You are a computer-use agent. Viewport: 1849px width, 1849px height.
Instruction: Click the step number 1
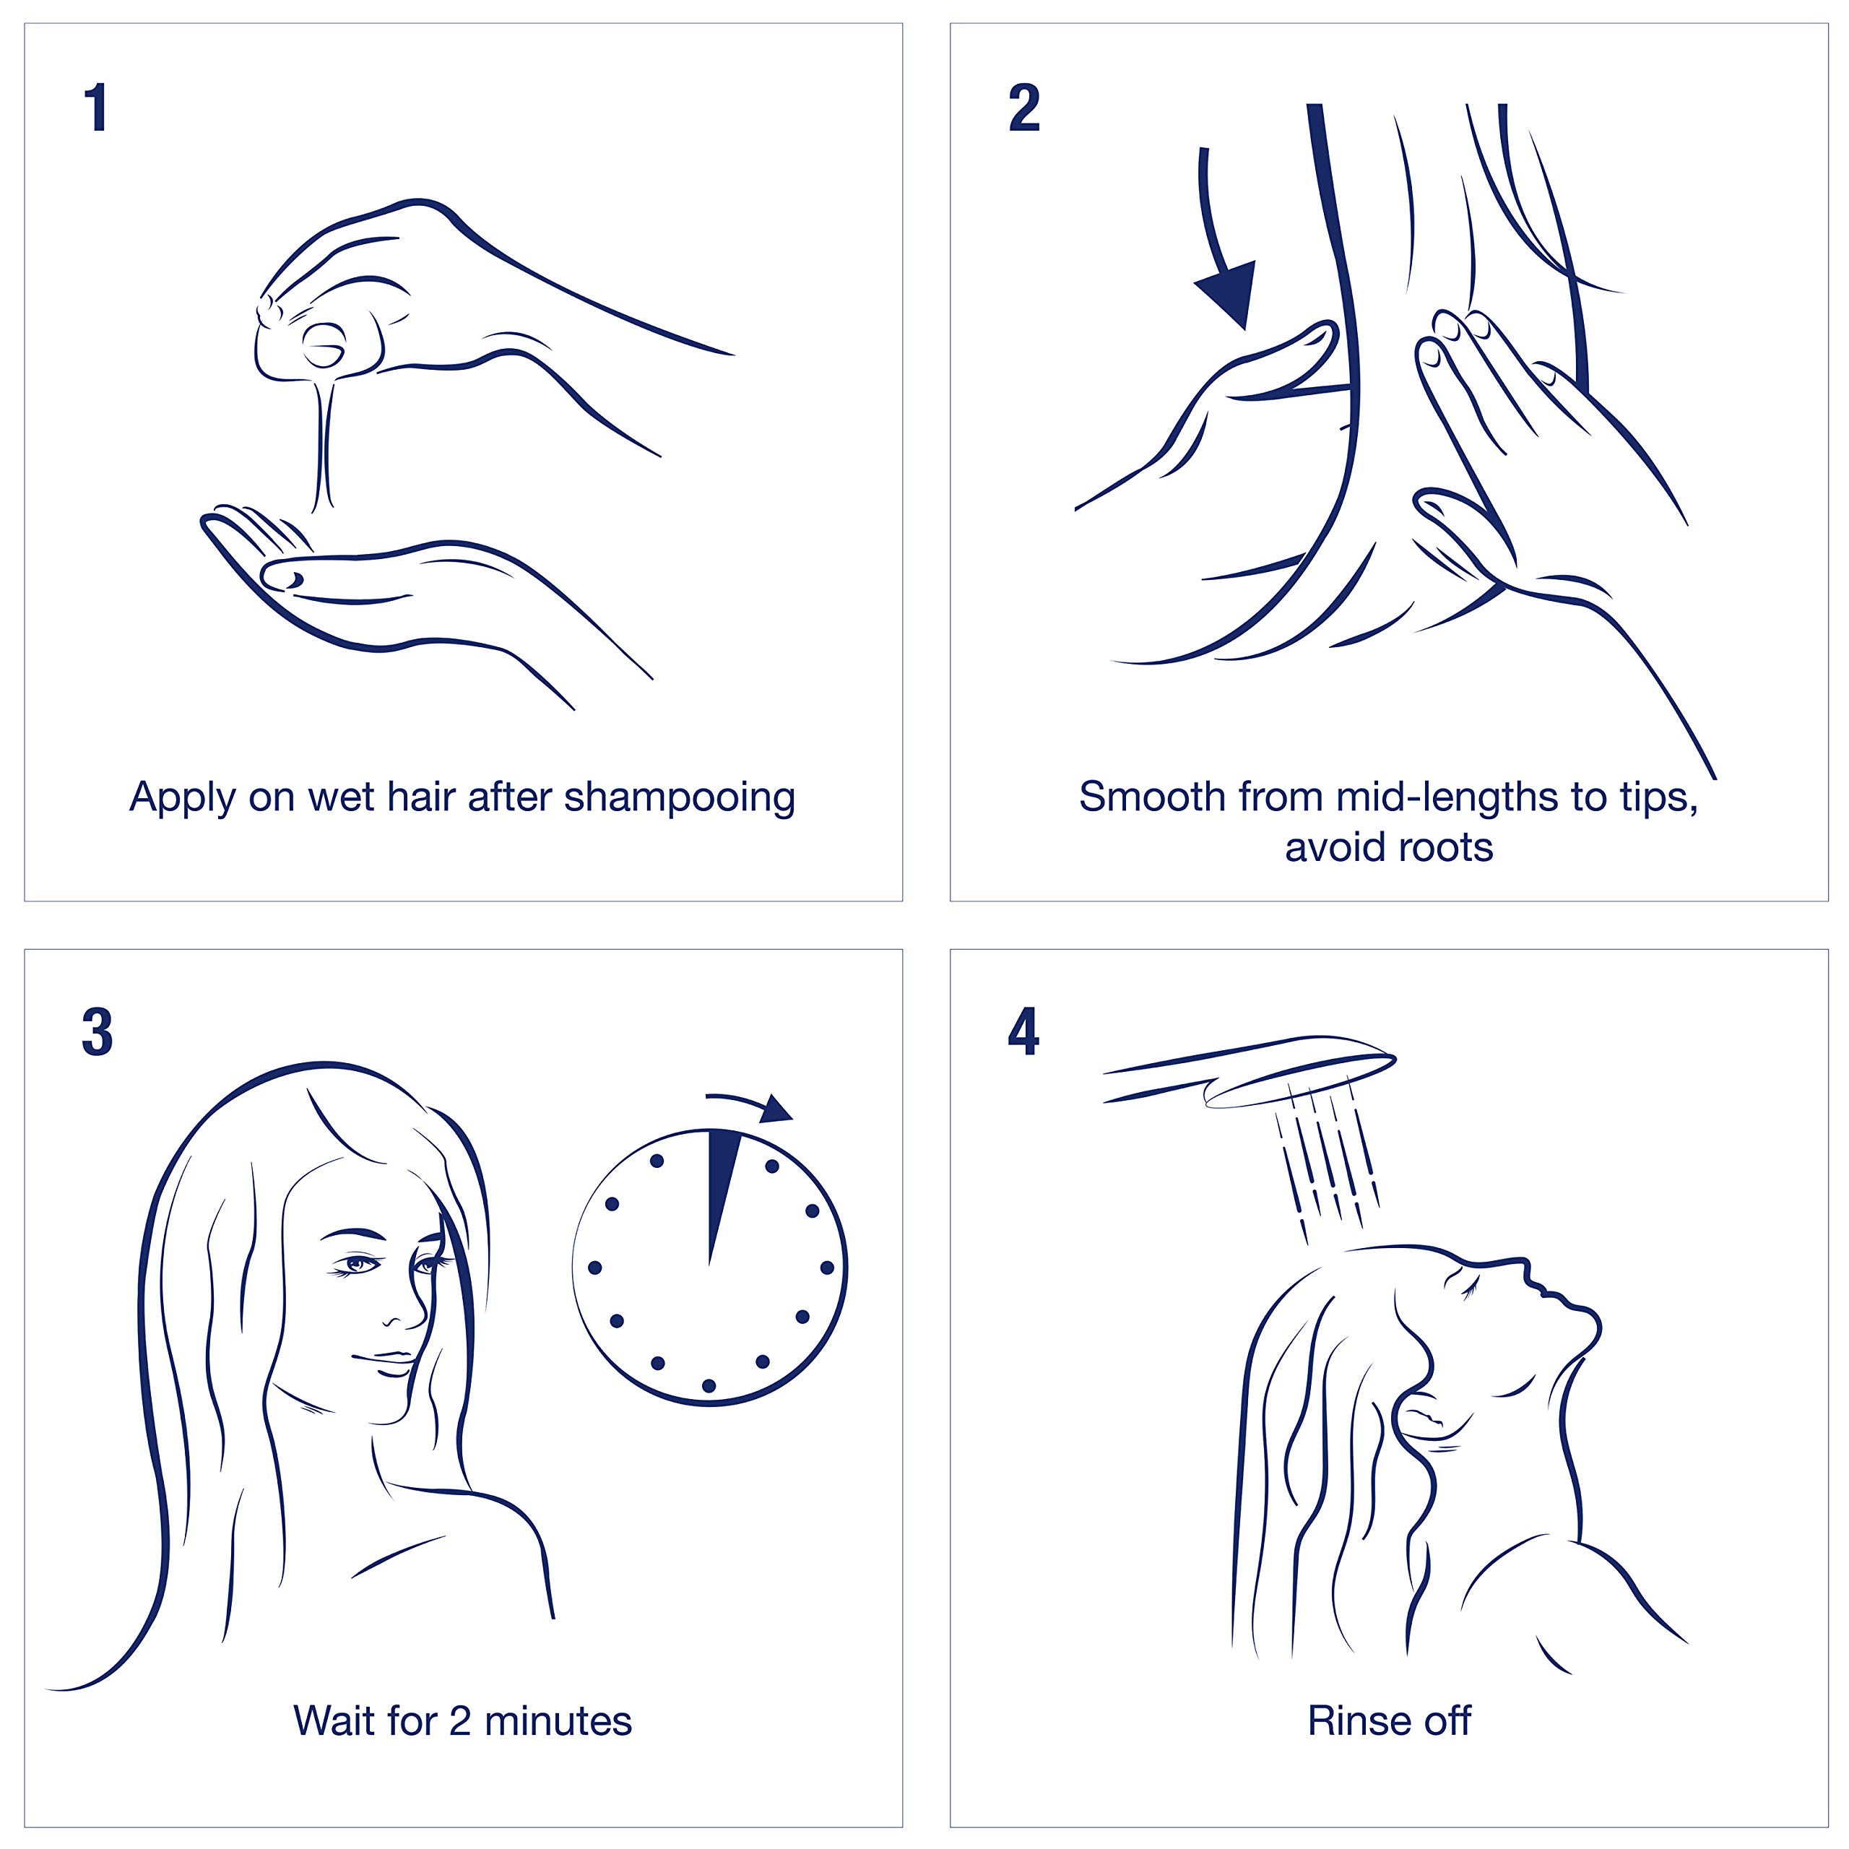96,108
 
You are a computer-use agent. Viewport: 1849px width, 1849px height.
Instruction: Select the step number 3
97,1034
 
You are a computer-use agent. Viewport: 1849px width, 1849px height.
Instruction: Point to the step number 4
1023,1034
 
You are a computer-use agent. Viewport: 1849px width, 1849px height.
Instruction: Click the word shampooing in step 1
680,798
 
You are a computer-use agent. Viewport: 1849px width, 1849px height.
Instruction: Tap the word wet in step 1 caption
342,798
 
